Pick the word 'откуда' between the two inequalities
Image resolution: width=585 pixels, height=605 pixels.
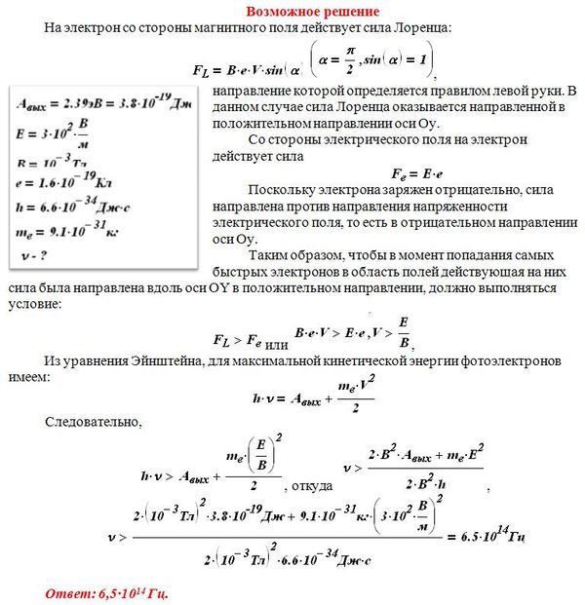[309, 484]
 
